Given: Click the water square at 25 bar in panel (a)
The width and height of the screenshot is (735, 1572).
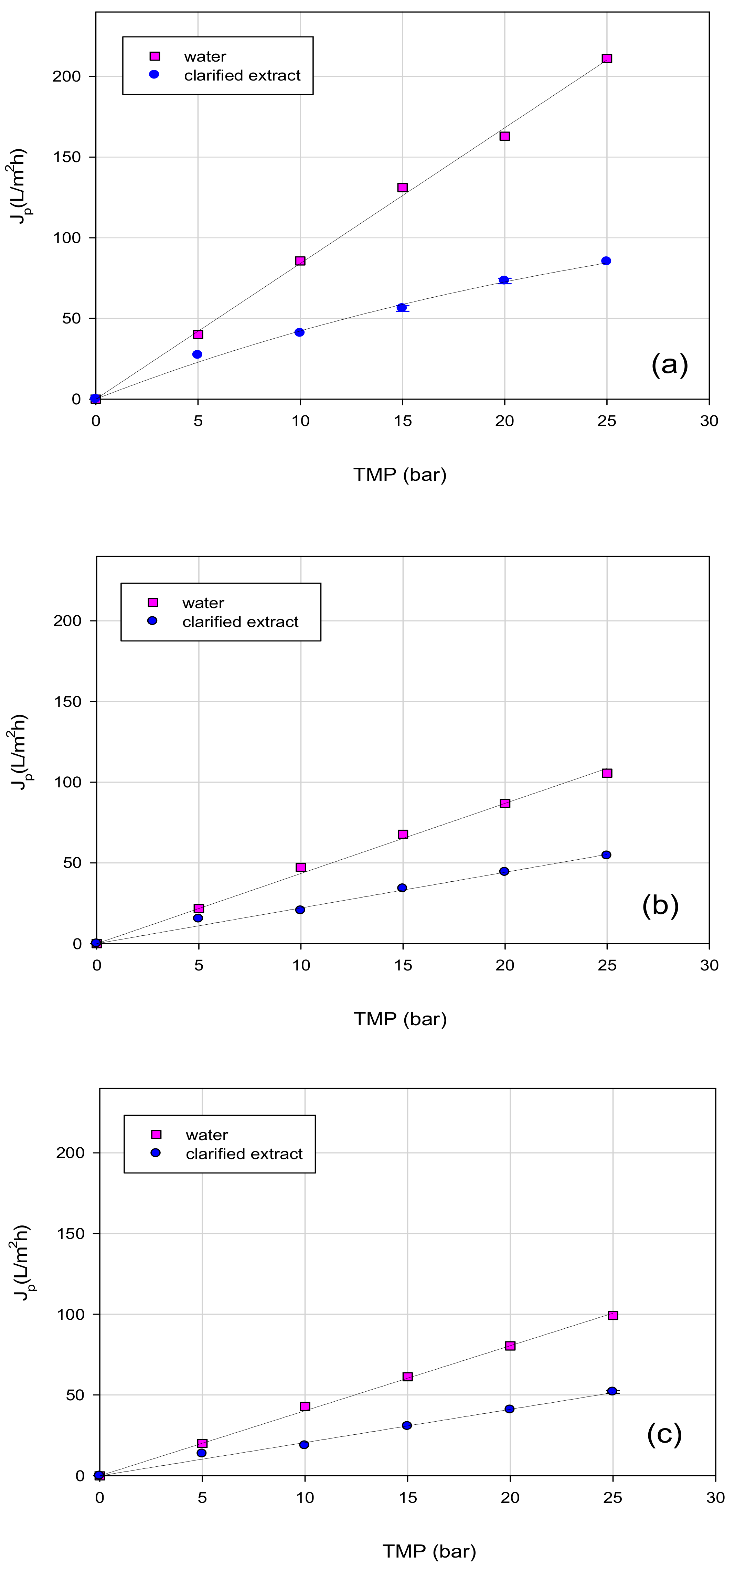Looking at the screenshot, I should (x=606, y=59).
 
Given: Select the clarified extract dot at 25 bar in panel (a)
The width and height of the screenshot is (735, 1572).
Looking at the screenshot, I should (x=606, y=261).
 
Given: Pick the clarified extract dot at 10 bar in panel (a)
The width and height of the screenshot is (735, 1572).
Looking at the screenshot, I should (x=299, y=332).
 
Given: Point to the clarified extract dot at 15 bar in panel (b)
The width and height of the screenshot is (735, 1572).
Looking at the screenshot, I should (x=402, y=888).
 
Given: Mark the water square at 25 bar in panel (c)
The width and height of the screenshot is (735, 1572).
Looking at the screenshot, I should (x=613, y=1315).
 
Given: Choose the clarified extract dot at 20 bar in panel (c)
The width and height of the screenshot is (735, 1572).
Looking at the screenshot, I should (x=509, y=1409).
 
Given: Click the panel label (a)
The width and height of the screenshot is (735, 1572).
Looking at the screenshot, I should (x=669, y=364).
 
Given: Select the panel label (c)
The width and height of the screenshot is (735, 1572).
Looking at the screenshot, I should (x=664, y=1433).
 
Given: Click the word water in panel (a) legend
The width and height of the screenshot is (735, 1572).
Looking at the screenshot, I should (x=205, y=57).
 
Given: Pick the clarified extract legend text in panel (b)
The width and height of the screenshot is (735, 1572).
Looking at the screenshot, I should (x=240, y=622).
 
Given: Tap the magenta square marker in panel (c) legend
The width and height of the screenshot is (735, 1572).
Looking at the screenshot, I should (x=156, y=1135).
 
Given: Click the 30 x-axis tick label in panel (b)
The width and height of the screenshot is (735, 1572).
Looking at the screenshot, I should (x=709, y=965).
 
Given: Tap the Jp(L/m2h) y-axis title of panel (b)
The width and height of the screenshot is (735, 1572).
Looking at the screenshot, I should (x=20, y=752).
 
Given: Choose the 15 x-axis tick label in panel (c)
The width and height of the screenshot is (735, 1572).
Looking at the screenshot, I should (x=407, y=1498).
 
